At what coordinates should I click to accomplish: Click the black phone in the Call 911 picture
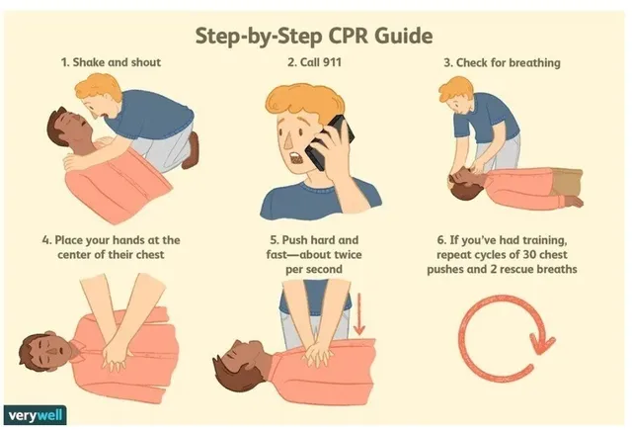click(x=329, y=142)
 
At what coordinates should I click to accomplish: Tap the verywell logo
click(x=36, y=414)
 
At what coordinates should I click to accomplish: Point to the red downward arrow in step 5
click(x=358, y=313)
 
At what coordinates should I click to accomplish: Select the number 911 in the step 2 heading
click(x=332, y=62)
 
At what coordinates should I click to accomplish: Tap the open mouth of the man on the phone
click(x=296, y=158)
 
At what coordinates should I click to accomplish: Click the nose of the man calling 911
click(x=288, y=138)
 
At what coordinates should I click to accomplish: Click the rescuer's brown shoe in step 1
click(x=191, y=150)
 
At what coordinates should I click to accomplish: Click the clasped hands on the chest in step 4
click(x=116, y=354)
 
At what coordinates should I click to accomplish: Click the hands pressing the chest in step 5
click(x=318, y=355)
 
